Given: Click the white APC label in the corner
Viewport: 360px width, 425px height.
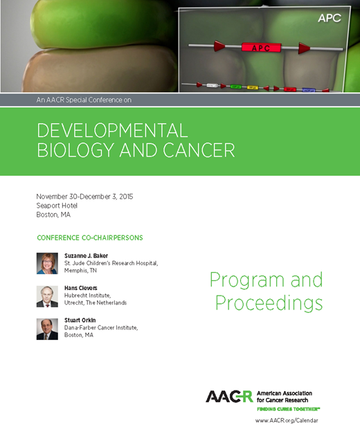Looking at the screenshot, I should point(329,18).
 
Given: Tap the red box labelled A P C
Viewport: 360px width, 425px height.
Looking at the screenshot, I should point(260,48).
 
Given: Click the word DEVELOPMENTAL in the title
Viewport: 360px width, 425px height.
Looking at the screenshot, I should point(111,130).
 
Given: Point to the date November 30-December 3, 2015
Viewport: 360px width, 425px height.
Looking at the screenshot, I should point(84,197).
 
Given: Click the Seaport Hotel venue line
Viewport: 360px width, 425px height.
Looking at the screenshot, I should point(57,206).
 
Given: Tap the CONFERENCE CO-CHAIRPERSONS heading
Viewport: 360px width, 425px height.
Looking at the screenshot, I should point(89,237).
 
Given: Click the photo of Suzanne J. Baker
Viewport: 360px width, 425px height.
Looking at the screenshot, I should point(47,263).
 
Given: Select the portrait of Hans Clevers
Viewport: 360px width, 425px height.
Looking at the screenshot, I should point(47,296).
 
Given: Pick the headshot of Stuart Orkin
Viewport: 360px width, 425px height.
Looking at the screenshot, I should point(47,328).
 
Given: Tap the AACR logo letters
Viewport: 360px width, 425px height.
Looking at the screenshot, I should point(229,396).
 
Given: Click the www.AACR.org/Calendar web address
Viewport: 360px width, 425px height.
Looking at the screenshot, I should point(300,419).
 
